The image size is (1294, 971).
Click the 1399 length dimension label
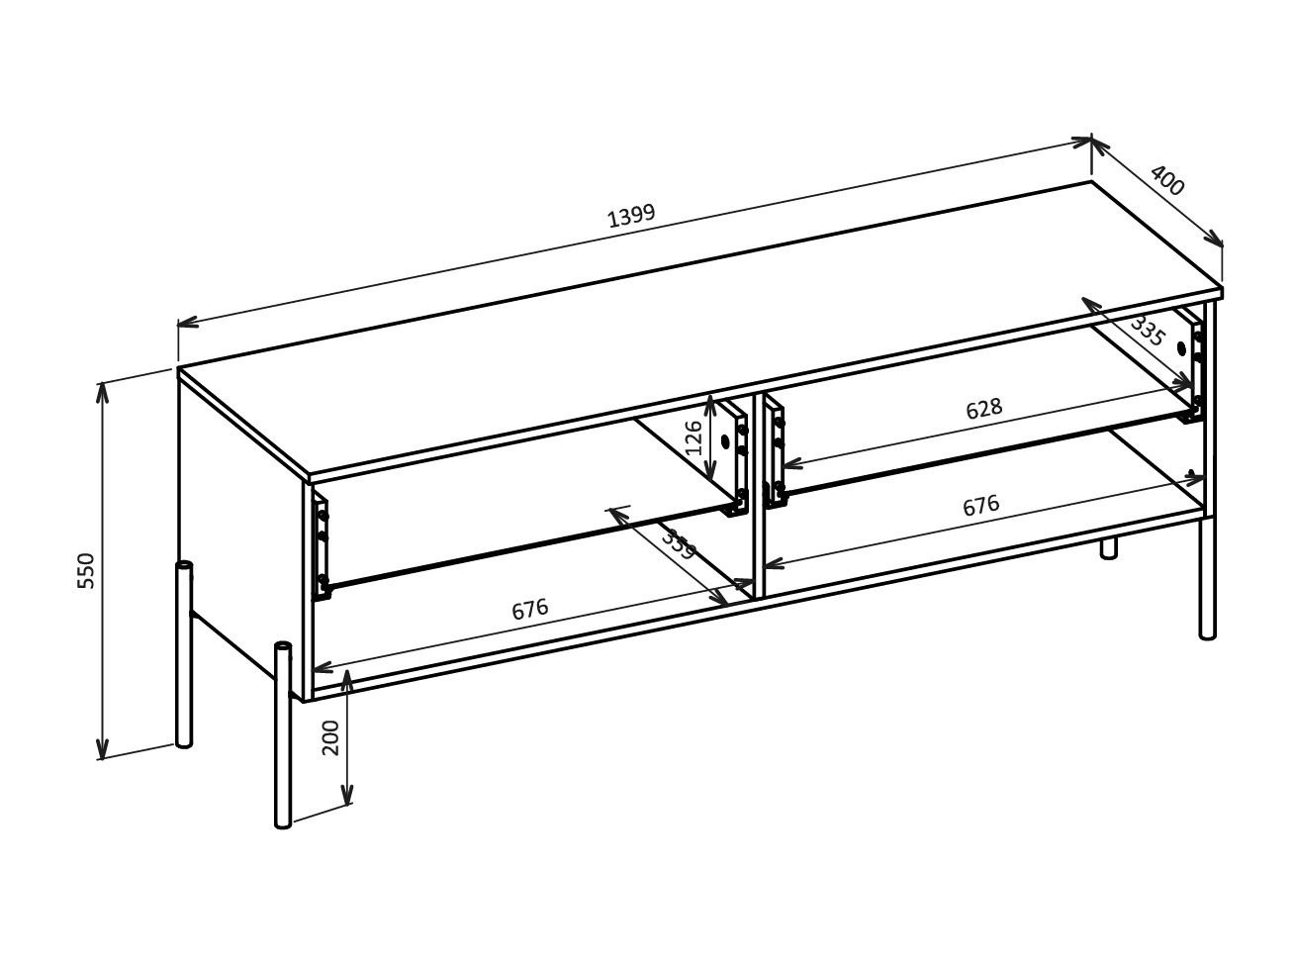coord(631,216)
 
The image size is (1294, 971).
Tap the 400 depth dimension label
coord(1167,181)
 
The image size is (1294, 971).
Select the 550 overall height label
coord(87,571)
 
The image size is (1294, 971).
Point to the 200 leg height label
coord(331,737)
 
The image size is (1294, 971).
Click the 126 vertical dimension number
coord(694,437)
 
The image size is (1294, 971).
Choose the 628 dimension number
coord(983,409)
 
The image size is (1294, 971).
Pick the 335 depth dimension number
coord(1148,331)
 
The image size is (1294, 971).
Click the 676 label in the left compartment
coord(529,610)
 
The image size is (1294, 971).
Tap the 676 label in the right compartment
coord(980,506)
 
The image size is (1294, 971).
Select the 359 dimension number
coord(679,545)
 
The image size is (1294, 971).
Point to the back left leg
coord(184,654)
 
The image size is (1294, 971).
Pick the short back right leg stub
coord(1109,547)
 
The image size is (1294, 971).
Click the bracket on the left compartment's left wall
coord(322,547)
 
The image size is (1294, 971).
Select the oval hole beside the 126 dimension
coord(725,441)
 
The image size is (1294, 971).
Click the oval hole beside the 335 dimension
coord(1181,348)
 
